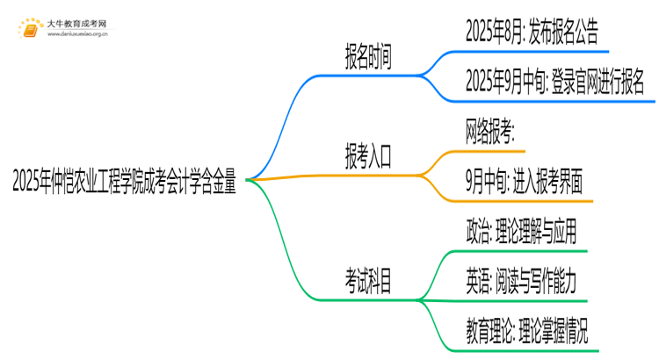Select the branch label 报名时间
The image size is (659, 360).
[367, 58]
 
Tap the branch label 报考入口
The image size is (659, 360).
[367, 159]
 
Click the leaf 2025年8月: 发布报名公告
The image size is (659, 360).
[532, 33]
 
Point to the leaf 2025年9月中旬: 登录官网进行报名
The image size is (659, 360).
[554, 83]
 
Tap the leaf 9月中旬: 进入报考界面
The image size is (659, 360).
[524, 184]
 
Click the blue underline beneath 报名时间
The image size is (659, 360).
[367, 76]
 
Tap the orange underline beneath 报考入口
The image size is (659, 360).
[367, 176]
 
